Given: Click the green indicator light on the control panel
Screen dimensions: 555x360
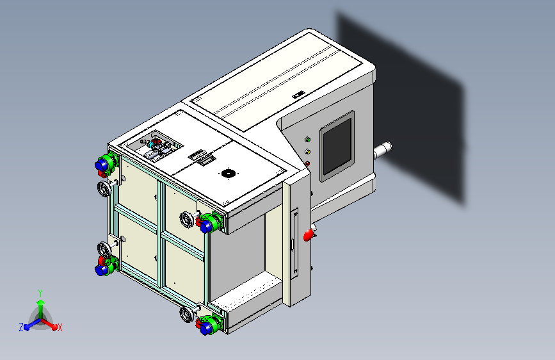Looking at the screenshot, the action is click(307, 140).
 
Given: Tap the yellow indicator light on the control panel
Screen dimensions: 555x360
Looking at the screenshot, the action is click(307, 152).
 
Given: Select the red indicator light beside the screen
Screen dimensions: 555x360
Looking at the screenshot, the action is click(307, 164).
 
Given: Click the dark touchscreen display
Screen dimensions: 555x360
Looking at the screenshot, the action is click(337, 146).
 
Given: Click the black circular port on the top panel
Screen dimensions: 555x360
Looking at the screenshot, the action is click(229, 174).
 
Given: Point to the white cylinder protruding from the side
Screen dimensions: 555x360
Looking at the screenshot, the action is click(383, 151).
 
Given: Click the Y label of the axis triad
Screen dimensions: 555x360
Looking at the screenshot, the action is click(40, 293).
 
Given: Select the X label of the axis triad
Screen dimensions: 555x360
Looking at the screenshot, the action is click(60, 327).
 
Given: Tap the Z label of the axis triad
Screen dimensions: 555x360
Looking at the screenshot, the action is click(21, 327).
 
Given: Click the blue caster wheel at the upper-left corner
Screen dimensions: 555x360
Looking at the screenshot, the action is click(101, 165).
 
